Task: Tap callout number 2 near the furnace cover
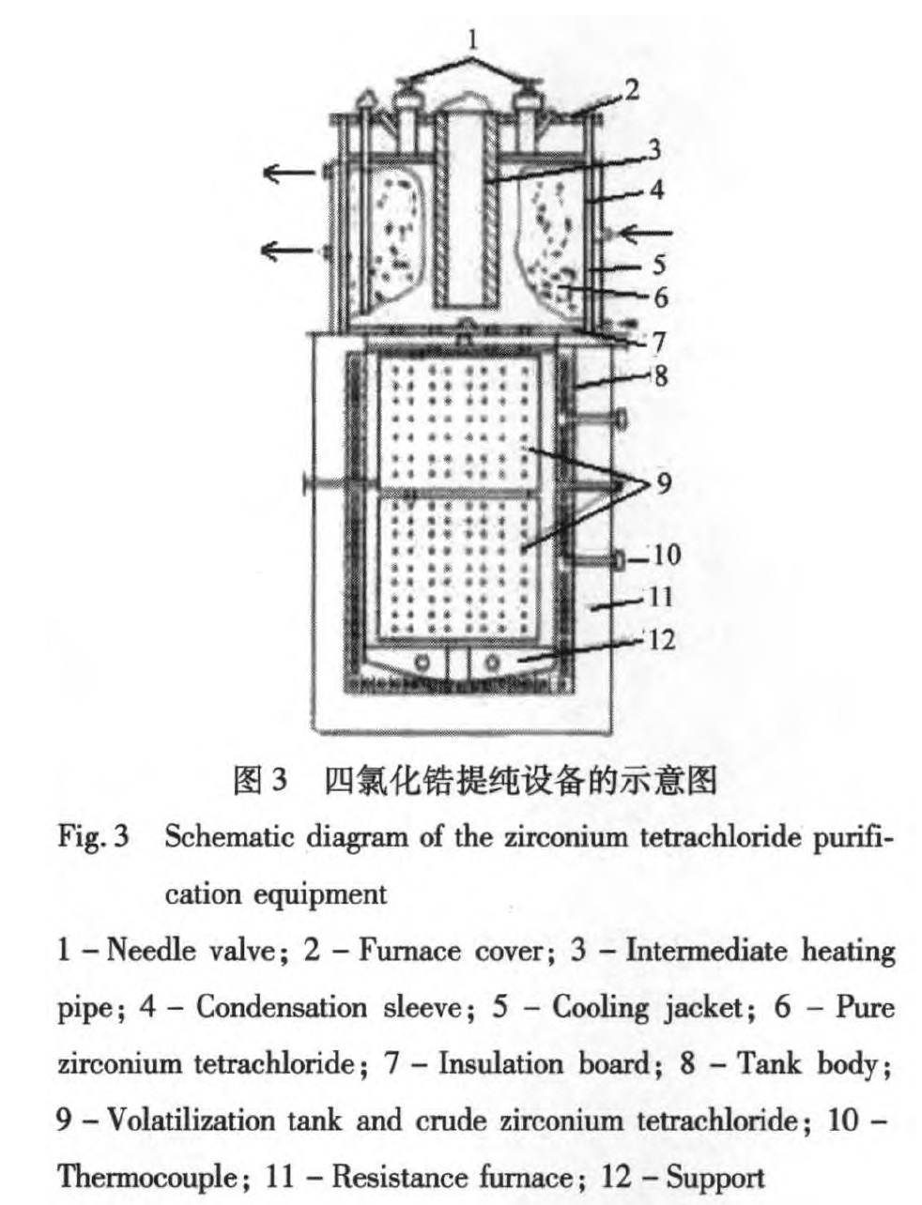click(632, 89)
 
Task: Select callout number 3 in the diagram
click(653, 149)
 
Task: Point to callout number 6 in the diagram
click(661, 297)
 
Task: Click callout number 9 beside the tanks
click(664, 483)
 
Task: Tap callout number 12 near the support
click(662, 639)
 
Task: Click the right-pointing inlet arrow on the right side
click(643, 234)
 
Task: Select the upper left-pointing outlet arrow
click(289, 173)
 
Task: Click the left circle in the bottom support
click(422, 663)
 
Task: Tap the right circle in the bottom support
click(492, 663)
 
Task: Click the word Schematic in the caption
click(229, 837)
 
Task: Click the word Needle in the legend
click(151, 951)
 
